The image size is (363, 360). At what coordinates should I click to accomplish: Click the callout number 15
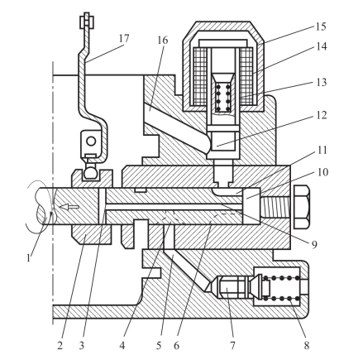[321, 27]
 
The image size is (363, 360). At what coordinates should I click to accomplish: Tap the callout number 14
[321, 46]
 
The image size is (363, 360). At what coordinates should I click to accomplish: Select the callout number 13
[321, 82]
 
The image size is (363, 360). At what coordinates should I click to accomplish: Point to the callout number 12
[321, 115]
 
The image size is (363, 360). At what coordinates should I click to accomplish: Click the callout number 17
[124, 39]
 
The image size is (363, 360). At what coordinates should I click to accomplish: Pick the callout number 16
[163, 41]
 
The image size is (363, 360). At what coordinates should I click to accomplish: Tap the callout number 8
[307, 345]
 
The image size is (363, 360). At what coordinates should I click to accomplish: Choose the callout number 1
[28, 257]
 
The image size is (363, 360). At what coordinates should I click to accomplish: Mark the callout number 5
[159, 345]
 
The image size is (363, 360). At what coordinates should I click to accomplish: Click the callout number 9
[314, 244]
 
